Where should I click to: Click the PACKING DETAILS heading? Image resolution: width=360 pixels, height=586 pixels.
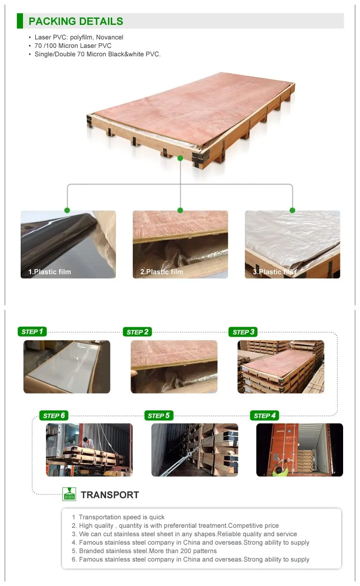76,21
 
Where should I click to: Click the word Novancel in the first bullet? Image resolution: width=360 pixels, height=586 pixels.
109,37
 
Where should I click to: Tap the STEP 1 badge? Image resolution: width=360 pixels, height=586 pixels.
32,332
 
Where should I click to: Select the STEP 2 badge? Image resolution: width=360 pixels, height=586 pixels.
138,332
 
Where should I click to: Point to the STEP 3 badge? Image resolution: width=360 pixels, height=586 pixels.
243,332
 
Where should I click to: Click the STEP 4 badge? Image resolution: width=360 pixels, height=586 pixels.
265,416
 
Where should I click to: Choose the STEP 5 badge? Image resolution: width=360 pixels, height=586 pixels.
159,416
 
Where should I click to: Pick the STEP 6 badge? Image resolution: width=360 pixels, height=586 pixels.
54,416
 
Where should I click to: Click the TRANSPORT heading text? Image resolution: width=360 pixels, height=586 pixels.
110,495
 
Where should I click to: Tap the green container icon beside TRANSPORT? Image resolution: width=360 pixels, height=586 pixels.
69,494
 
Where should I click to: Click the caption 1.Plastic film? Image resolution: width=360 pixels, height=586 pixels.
50,272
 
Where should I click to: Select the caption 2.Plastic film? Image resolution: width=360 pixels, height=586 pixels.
161,272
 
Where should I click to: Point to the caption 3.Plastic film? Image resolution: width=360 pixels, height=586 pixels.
275,272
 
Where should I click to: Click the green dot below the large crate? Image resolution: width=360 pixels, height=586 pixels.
180,158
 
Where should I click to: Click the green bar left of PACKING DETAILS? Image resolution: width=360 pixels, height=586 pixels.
20,21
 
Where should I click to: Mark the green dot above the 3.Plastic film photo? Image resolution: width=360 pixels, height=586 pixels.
292,210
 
